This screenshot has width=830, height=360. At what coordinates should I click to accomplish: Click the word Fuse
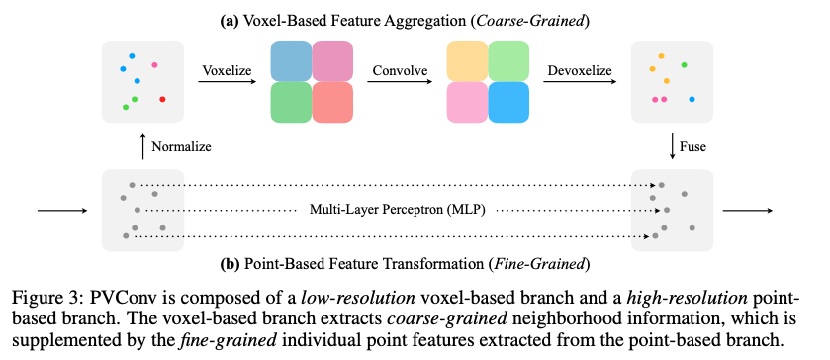click(x=695, y=146)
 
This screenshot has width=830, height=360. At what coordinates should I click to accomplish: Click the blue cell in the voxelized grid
click(x=292, y=60)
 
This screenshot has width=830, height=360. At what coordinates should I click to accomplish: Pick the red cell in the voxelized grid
click(x=332, y=101)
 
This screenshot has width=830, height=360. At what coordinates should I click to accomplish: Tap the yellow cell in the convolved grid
click(x=466, y=60)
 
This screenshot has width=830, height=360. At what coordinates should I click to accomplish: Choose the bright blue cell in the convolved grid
click(x=507, y=101)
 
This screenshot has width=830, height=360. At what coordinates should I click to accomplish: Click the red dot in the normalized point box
click(x=163, y=99)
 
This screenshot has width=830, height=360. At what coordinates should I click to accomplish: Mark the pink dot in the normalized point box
click(x=155, y=64)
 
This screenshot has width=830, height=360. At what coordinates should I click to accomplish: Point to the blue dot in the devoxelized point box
click(x=692, y=99)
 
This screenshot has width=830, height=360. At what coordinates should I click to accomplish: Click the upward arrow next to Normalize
click(x=143, y=145)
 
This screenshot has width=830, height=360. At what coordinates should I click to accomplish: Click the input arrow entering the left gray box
click(x=60, y=210)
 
